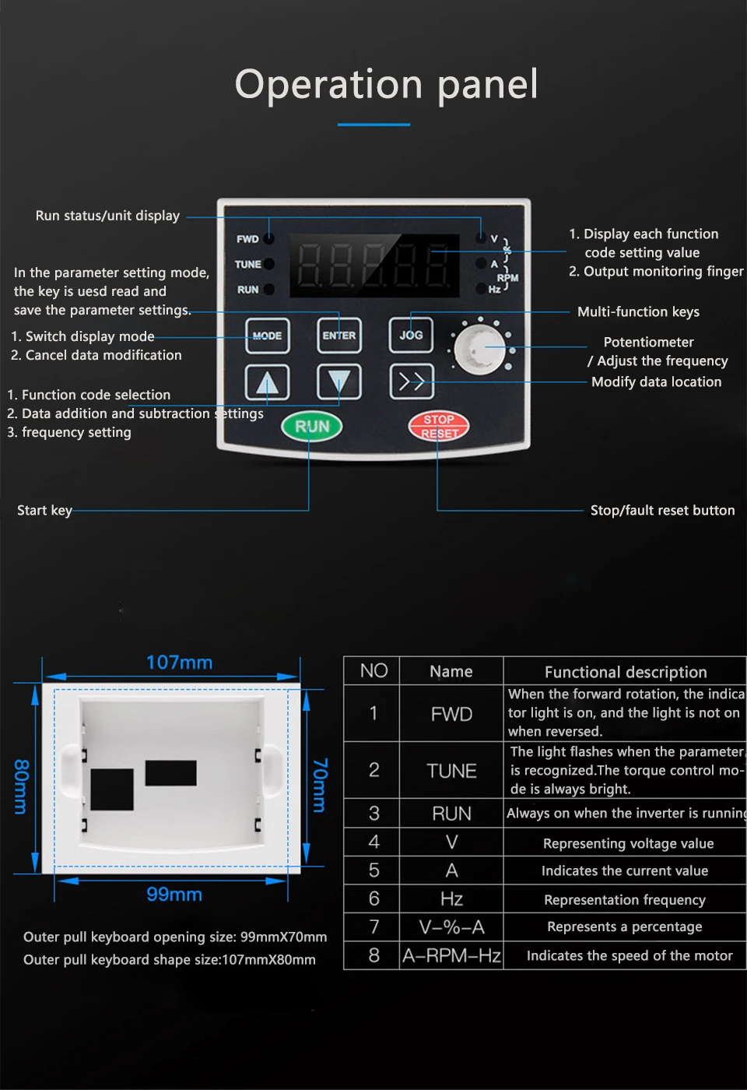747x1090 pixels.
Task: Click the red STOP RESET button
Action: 439,426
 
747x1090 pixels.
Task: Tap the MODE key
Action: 267,336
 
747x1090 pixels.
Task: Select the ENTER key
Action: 339,336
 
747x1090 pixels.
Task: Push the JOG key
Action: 411,336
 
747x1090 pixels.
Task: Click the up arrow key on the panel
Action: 267,382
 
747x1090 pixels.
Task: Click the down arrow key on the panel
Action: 339,382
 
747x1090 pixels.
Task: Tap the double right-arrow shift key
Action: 411,381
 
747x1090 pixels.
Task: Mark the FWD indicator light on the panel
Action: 269,239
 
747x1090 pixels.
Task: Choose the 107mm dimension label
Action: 179,663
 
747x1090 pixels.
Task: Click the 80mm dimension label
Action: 22,786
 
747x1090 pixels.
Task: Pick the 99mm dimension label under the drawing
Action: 174,895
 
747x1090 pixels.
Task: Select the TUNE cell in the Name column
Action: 451,771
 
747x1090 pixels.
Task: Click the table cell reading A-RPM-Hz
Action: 451,955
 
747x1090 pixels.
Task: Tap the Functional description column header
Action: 626,672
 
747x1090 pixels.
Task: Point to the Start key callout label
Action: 44,511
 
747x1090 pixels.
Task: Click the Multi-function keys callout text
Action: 638,312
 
